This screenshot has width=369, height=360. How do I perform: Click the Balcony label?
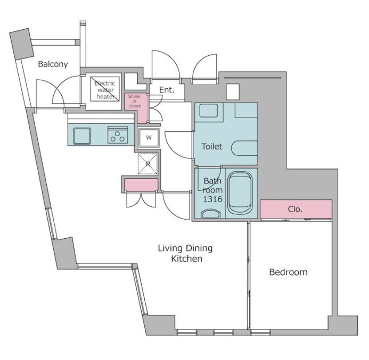pos(53,64)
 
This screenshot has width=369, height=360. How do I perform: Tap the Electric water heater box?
pos(105,89)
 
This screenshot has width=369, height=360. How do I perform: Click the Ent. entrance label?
pos(167,90)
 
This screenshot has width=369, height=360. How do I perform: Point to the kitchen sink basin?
pos(82,136)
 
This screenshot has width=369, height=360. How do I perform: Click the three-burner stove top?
pos(118,135)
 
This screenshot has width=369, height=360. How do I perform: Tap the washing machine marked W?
pos(149,138)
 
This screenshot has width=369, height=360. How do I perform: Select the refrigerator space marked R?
pos(148,164)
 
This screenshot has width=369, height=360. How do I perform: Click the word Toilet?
pos(212,147)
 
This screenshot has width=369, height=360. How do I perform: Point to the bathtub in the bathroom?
pos(240,192)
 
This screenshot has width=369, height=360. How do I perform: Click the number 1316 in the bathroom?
pos(212,199)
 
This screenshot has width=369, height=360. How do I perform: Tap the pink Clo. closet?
pos(296,209)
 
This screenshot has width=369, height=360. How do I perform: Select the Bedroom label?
pos(288,272)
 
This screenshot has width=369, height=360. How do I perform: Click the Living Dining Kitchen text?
pos(185,253)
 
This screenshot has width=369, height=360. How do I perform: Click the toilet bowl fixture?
pos(244,148)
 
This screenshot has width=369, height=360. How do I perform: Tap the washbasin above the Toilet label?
pos(209,111)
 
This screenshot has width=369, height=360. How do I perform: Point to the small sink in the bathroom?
pos(211,214)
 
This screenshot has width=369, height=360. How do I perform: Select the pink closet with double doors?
pos(141,185)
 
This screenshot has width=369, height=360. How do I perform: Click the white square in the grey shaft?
pos(233,92)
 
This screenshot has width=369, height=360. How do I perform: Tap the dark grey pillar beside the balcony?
pos(21,44)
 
